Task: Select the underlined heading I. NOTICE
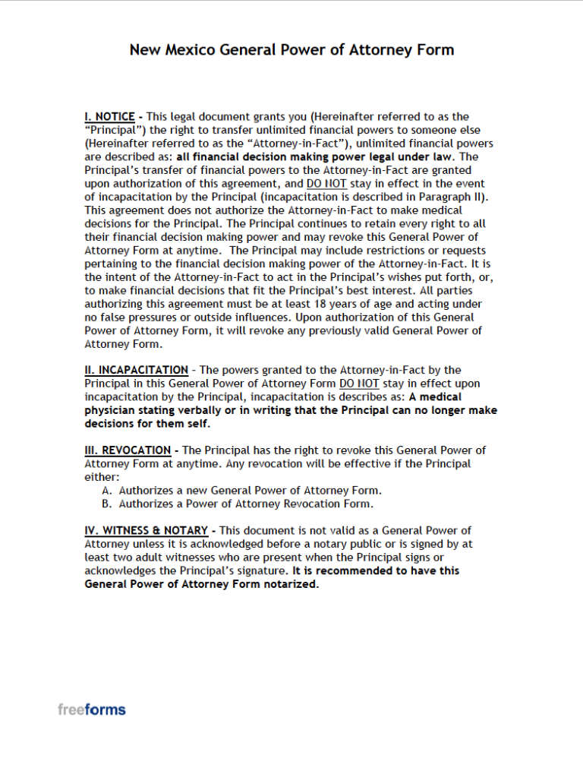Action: coord(109,117)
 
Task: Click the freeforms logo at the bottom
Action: coord(92,709)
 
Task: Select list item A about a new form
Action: coord(241,491)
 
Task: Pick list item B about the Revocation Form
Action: coord(246,503)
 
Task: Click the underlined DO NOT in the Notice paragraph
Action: coord(326,184)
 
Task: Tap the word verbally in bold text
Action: coord(200,410)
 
